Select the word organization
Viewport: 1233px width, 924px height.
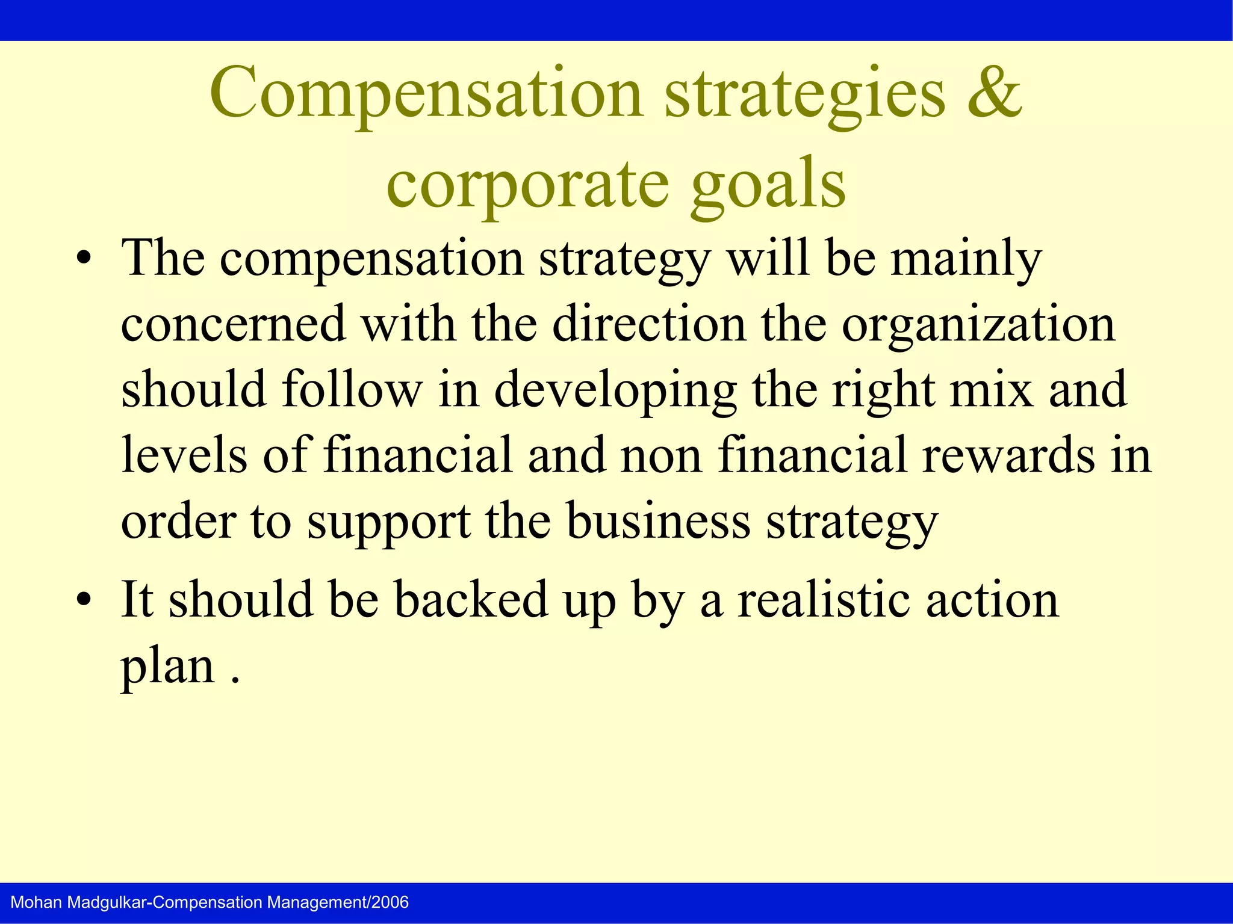tap(978, 325)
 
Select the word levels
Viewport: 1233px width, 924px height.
tap(184, 455)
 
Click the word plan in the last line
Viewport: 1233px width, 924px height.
tap(167, 667)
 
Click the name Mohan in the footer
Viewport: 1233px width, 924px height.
tap(36, 902)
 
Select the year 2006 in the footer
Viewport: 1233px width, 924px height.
tap(390, 902)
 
